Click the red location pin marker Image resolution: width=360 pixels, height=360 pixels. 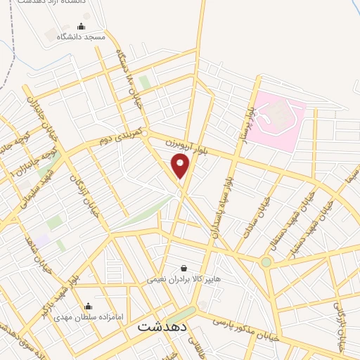pos(181,165)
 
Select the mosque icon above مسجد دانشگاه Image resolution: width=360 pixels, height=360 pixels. pos(82,27)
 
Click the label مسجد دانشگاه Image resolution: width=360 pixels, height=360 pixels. pos(82,37)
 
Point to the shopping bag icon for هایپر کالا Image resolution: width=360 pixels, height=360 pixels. pos(184,268)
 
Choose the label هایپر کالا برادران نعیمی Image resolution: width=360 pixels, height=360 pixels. pos(184,278)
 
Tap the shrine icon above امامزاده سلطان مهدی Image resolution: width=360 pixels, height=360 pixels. pos(88,306)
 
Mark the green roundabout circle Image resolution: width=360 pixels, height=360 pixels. pos(266,262)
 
